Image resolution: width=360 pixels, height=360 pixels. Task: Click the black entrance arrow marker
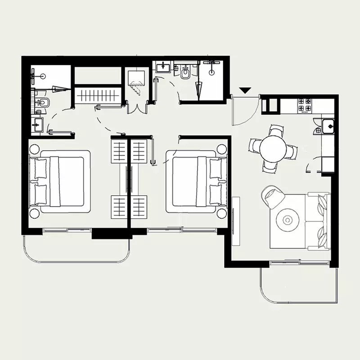pos(245,90)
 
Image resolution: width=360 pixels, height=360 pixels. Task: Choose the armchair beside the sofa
pos(273,196)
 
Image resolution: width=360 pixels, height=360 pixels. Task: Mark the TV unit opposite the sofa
pos(236,221)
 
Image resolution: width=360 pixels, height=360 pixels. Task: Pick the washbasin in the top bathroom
pos(162,68)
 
